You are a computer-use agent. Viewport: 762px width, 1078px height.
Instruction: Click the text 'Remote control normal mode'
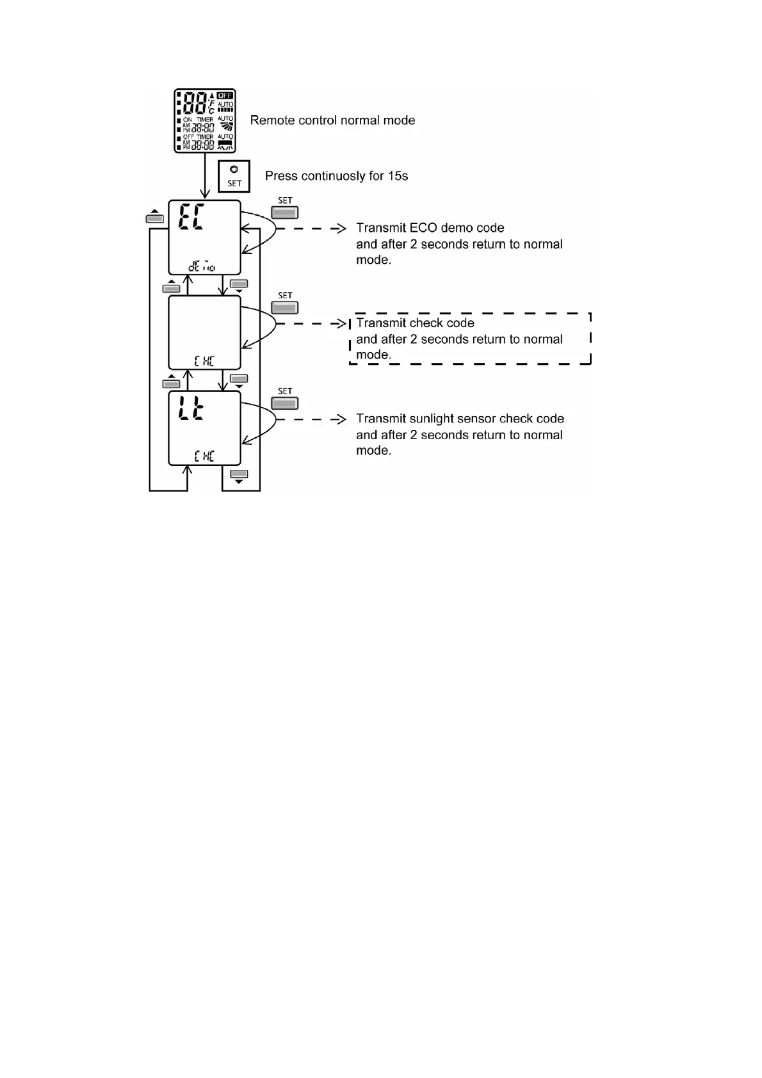pyautogui.click(x=332, y=120)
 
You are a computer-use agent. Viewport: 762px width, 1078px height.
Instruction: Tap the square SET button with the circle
pyautogui.click(x=234, y=176)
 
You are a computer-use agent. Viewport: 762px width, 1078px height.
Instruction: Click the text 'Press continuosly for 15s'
pyautogui.click(x=336, y=176)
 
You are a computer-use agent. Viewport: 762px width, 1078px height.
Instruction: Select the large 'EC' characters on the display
pyautogui.click(x=191, y=217)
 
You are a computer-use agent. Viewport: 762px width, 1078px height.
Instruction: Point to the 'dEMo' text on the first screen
pyautogui.click(x=202, y=266)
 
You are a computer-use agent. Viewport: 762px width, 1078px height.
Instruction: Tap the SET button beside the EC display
pyautogui.click(x=285, y=213)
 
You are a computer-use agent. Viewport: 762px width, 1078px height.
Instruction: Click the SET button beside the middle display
pyautogui.click(x=285, y=308)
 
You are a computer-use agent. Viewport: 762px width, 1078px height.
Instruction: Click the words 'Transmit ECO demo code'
pyautogui.click(x=430, y=228)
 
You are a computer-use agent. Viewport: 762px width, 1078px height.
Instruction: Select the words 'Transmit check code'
pyautogui.click(x=415, y=323)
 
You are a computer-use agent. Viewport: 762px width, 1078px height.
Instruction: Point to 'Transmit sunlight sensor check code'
pyautogui.click(x=460, y=419)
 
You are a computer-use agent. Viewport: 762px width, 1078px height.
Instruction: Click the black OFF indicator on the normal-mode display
pyautogui.click(x=225, y=96)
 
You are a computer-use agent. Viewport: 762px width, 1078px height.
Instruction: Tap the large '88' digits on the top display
pyautogui.click(x=195, y=104)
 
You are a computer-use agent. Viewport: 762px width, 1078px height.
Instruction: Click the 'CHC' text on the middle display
pyautogui.click(x=204, y=361)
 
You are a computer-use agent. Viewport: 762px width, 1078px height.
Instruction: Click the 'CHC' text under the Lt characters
pyautogui.click(x=204, y=456)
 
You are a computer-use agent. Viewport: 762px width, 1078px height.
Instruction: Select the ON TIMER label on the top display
pyautogui.click(x=198, y=120)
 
